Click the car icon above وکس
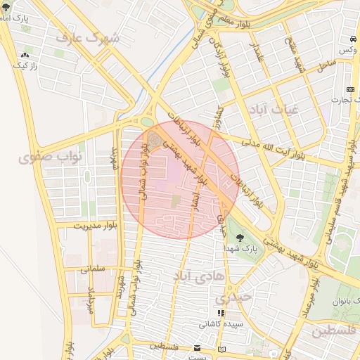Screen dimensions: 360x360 coord(351,38)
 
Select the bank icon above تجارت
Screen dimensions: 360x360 coord(350,89)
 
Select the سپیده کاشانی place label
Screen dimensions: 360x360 coord(220,325)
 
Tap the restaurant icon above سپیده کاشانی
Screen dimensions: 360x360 coord(221,314)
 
